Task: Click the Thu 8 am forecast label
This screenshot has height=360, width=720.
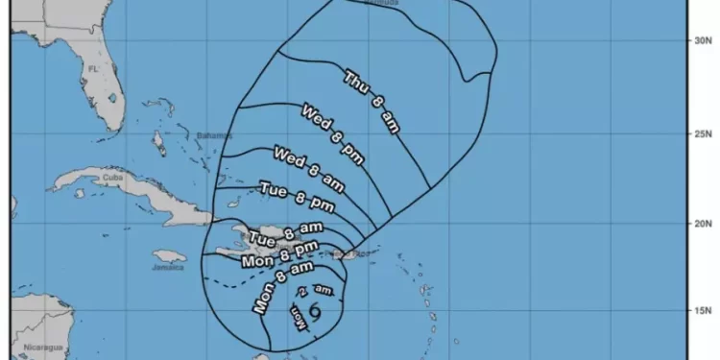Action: tap(370, 101)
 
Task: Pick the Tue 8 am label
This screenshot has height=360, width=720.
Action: tap(286, 233)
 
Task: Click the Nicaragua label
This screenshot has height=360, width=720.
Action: tap(43, 347)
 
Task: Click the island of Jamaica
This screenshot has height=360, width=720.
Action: tap(169, 257)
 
